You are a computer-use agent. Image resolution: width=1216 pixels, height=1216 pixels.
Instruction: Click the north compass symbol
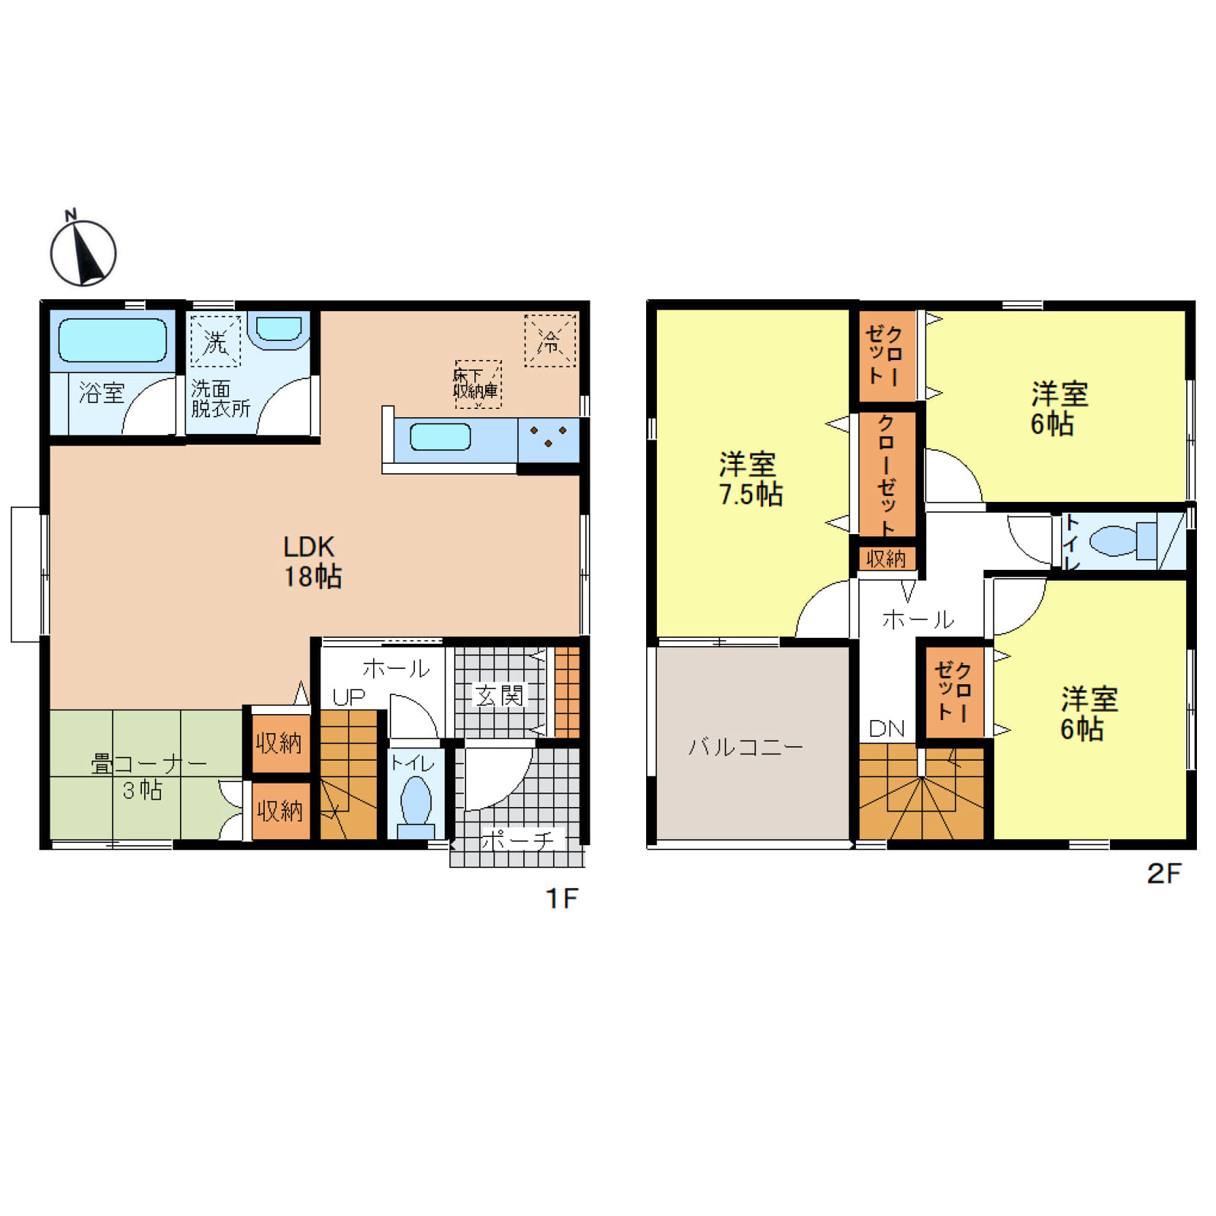83,252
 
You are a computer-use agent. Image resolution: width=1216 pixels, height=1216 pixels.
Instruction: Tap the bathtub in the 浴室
113,339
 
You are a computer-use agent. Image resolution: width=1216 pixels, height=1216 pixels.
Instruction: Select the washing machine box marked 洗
215,342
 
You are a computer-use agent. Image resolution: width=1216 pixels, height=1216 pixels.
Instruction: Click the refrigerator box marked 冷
549,340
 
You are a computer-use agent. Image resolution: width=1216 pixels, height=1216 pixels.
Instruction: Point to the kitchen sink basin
440,437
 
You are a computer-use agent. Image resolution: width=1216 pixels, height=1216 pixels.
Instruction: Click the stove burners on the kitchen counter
548,437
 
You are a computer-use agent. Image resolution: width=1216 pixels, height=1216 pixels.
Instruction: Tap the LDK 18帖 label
312,561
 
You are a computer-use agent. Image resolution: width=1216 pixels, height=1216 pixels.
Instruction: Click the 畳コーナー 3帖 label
145,776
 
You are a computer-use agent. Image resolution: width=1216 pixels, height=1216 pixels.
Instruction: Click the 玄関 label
500,695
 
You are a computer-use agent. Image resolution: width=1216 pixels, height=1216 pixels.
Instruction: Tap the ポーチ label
518,841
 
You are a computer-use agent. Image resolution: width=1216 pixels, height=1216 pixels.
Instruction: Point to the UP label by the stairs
349,697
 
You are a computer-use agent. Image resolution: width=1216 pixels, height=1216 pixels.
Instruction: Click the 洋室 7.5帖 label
750,479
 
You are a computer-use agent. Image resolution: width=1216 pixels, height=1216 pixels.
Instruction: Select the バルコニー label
745,746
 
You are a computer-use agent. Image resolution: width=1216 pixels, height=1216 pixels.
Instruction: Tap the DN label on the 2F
886,729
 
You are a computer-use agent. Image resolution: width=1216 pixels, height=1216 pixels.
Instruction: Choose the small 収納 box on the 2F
886,558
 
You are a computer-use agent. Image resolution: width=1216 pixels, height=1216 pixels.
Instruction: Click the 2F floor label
1163,873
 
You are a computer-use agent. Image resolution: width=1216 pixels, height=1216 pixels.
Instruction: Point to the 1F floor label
561,899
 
